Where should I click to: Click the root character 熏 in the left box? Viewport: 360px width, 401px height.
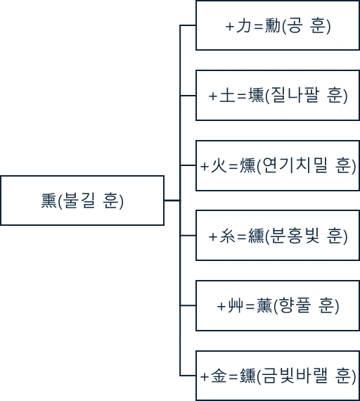tap(49, 200)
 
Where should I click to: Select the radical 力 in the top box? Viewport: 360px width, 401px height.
tap(244, 26)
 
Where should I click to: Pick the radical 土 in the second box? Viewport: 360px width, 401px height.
tap(227, 96)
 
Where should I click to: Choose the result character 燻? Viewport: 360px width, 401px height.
tap(247, 166)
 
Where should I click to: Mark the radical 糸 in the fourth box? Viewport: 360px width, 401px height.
tap(227, 236)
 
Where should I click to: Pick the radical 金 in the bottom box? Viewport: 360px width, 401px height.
tap(219, 376)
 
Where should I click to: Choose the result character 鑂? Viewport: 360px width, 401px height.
tap(247, 376)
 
